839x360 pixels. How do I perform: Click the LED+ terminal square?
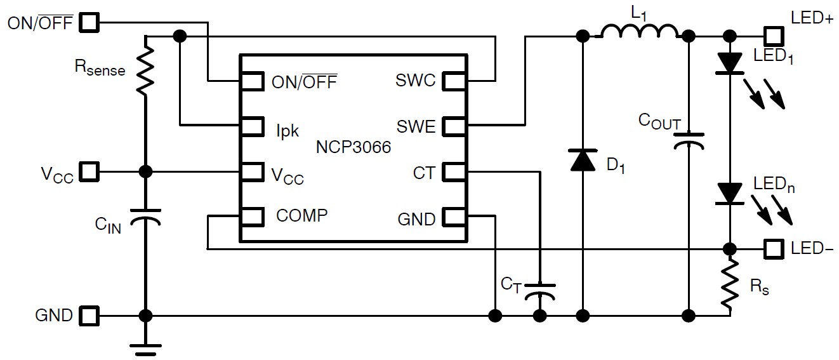click(x=774, y=36)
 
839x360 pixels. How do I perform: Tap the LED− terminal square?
click(x=774, y=249)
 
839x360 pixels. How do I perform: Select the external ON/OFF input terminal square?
click(x=89, y=22)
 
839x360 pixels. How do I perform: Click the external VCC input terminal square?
click(x=89, y=172)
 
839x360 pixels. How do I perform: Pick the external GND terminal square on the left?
click(x=89, y=316)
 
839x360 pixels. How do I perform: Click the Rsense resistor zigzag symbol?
click(x=145, y=70)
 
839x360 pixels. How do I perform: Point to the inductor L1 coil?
click(x=639, y=32)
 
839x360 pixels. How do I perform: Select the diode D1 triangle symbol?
click(x=583, y=161)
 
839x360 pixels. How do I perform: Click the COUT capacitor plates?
click(x=689, y=141)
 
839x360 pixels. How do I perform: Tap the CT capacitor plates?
click(x=539, y=292)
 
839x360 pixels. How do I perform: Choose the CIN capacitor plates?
click(x=145, y=217)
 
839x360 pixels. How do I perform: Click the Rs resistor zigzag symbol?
click(x=730, y=284)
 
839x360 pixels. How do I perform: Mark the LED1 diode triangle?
click(x=730, y=63)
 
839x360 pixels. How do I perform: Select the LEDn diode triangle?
click(x=730, y=194)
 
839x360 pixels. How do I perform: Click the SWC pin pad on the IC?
click(x=454, y=81)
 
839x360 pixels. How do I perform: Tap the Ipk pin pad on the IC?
click(x=252, y=126)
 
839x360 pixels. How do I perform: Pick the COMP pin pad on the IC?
click(x=252, y=217)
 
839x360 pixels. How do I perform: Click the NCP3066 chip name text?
click(x=353, y=147)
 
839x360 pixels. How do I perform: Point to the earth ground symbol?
click(x=145, y=349)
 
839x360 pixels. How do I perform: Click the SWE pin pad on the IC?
click(x=454, y=126)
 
